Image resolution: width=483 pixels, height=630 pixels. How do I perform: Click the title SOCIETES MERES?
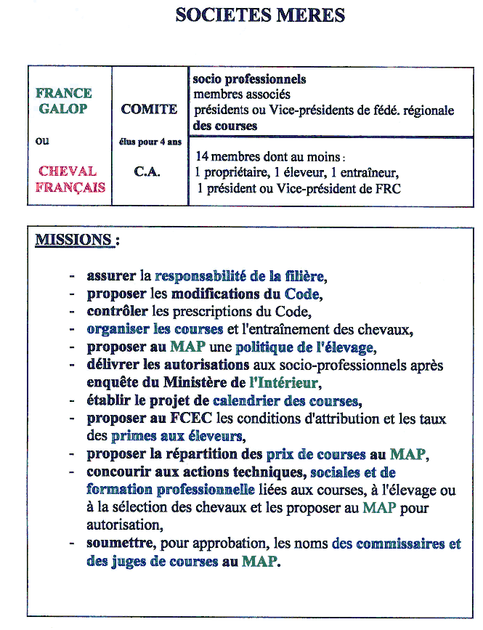pyautogui.click(x=260, y=15)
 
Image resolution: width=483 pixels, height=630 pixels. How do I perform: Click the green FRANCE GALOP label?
pyautogui.click(x=64, y=101)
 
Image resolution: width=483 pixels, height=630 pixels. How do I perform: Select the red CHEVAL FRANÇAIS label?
pyautogui.click(x=68, y=179)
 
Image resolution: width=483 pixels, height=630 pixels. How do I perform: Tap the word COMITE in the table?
pyautogui.click(x=149, y=110)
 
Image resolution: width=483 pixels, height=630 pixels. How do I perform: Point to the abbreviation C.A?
pyautogui.click(x=147, y=173)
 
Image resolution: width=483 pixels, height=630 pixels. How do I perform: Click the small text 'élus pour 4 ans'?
pyautogui.click(x=150, y=142)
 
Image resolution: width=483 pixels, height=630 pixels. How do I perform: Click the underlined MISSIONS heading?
pyautogui.click(x=75, y=240)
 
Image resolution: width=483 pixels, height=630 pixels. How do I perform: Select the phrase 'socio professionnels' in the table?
pyautogui.click(x=249, y=79)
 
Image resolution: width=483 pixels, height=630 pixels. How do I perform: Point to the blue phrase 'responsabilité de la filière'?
pyautogui.click(x=239, y=276)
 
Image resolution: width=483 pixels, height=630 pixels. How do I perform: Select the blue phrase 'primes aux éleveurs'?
pyautogui.click(x=176, y=437)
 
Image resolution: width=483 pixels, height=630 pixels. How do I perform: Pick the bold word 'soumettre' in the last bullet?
pyautogui.click(x=121, y=544)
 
